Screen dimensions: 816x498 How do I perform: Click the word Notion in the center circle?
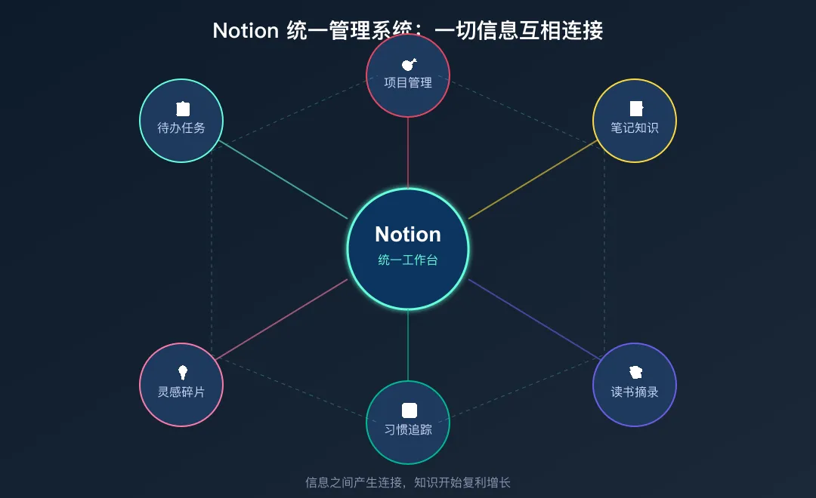point(408,234)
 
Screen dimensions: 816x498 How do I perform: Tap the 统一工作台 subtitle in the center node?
point(408,260)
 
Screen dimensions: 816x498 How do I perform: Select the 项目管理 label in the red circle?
point(408,83)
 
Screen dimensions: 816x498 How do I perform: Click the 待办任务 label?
point(181,128)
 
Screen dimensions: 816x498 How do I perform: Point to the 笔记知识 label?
point(635,128)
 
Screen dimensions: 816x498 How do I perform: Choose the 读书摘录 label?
point(635,392)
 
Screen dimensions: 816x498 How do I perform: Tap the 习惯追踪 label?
point(408,430)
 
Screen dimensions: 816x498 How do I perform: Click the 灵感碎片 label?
point(181,392)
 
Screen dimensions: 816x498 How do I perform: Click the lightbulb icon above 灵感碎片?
point(182,372)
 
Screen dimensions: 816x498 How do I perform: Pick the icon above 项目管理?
point(409,65)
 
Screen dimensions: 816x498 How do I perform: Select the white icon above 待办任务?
point(182,109)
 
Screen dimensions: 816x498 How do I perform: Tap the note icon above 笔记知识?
point(636,109)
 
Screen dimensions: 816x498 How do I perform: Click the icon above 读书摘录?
point(635,372)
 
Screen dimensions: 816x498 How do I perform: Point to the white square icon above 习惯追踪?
point(409,410)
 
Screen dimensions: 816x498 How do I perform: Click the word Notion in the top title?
point(246,31)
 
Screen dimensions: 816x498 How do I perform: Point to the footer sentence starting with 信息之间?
point(408,483)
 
